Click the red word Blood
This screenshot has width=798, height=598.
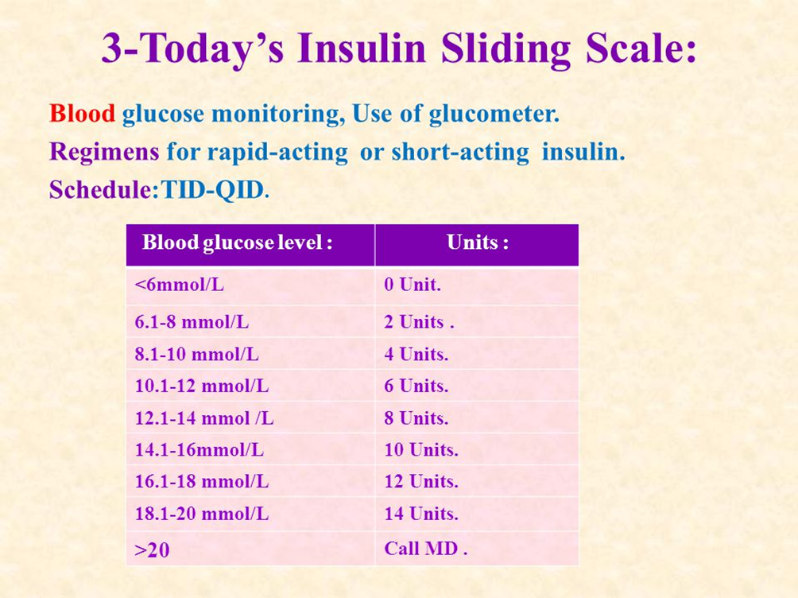(x=82, y=114)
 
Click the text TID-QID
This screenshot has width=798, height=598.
(x=212, y=190)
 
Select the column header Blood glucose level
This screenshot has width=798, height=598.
(x=237, y=243)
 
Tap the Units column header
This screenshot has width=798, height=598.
(x=477, y=243)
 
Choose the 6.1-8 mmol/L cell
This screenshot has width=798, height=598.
(x=192, y=322)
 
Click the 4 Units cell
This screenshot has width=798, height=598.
(x=416, y=354)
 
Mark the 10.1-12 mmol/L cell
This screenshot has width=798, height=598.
(x=202, y=386)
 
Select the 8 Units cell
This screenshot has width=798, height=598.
(x=416, y=417)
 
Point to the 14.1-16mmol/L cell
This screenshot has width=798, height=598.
(x=199, y=449)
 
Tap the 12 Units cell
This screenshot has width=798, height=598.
(x=421, y=481)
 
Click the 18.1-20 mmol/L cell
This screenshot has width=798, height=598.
(x=202, y=514)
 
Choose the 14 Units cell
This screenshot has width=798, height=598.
(x=421, y=514)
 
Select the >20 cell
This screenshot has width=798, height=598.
(x=153, y=549)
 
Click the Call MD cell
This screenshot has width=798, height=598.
(x=425, y=549)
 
